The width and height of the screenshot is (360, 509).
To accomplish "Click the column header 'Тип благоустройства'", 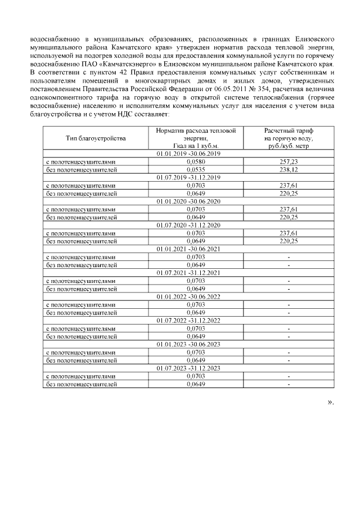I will click(x=94, y=138).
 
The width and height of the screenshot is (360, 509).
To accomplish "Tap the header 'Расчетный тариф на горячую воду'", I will click(x=288, y=138).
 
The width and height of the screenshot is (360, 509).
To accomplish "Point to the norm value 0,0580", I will click(x=195, y=161).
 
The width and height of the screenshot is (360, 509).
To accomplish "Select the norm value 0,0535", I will click(x=195, y=169).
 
